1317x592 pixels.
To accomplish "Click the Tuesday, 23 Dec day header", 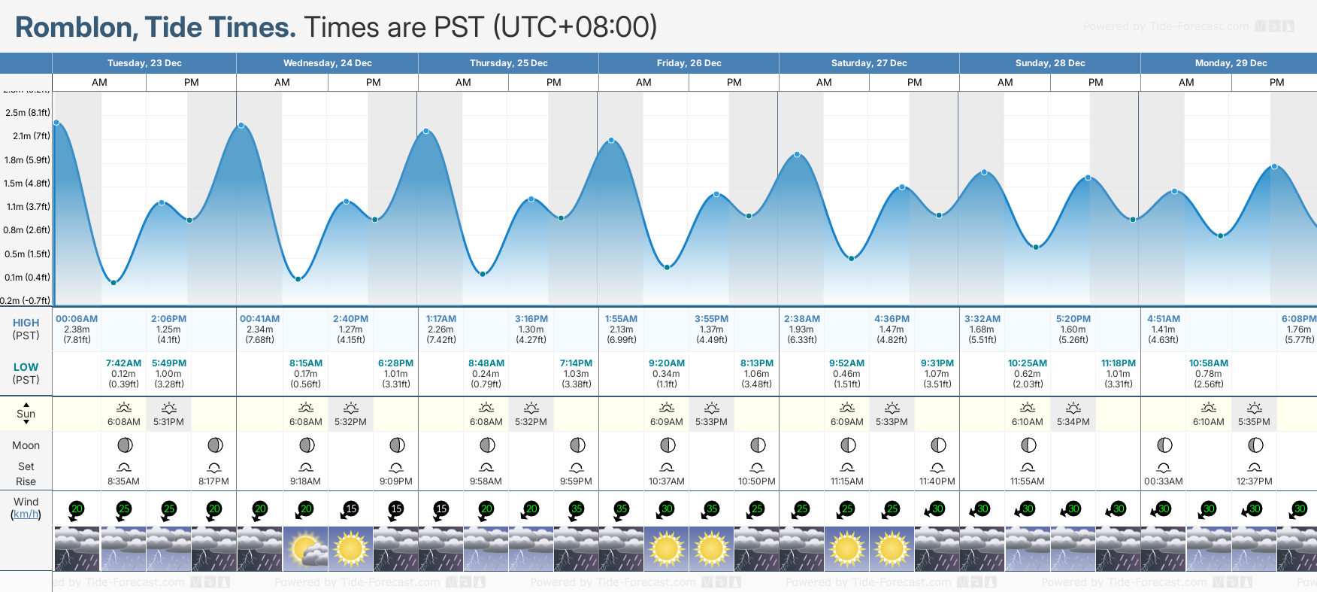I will (x=144, y=63).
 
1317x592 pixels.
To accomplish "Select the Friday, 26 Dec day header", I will (x=689, y=63).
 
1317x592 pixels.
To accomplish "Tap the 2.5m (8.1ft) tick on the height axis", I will (x=28, y=113).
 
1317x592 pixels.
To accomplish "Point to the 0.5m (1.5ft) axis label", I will (x=27, y=254).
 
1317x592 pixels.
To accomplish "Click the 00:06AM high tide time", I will (x=77, y=319).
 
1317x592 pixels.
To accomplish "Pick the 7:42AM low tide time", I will (x=123, y=363).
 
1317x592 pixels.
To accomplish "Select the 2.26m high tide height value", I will (x=441, y=329).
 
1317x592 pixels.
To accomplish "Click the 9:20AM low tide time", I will (x=667, y=363).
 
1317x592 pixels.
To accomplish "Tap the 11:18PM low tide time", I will (x=1119, y=363).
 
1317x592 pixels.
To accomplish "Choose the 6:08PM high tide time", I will (x=1298, y=319).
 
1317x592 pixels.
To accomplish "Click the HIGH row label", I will (x=26, y=323).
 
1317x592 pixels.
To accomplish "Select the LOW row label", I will (x=26, y=367).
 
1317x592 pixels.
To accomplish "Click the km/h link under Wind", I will (x=26, y=515).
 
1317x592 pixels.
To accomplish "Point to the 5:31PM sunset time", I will (x=168, y=422).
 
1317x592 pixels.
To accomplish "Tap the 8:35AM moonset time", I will (x=123, y=481).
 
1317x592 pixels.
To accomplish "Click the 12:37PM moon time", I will (x=1254, y=481).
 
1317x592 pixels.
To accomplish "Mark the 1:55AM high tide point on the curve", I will (x=611, y=141).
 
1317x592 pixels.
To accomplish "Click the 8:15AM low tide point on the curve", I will (x=298, y=279).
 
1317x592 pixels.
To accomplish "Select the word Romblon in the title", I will (x=74, y=27).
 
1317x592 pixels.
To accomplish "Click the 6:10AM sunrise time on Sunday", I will (x=1027, y=422).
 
